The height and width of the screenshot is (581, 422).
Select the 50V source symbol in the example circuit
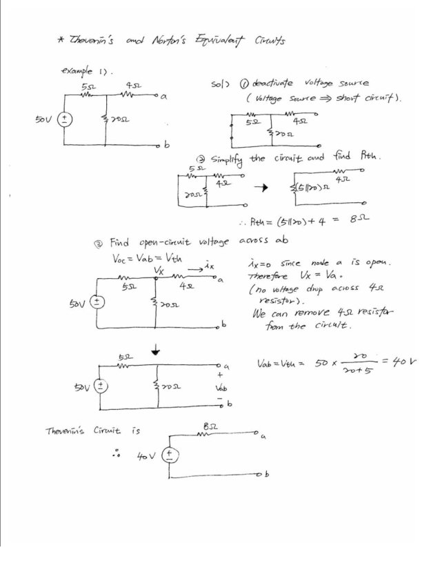click(x=65, y=119)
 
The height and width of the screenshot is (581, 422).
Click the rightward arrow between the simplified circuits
click(x=261, y=187)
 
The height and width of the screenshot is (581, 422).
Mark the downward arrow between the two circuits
click(x=159, y=351)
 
